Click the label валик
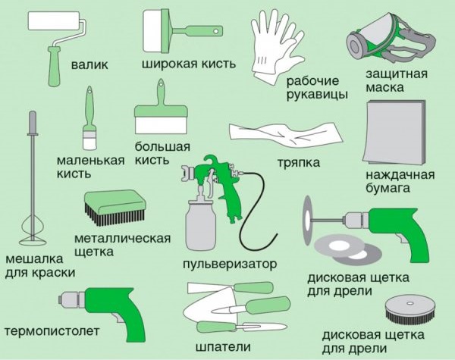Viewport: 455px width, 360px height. pyautogui.click(x=89, y=64)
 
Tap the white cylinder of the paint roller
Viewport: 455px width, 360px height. pyautogui.click(x=54, y=20)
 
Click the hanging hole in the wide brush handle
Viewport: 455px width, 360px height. pyautogui.click(x=216, y=30)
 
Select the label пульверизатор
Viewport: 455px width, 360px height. pyautogui.click(x=230, y=264)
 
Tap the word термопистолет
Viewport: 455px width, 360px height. pyautogui.click(x=52, y=331)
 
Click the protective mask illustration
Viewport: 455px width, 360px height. pyautogui.click(x=391, y=37)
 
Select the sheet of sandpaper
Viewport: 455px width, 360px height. pyautogui.click(x=394, y=133)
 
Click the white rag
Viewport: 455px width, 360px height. pyautogui.click(x=286, y=135)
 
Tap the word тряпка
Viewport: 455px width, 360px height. pyautogui.click(x=299, y=163)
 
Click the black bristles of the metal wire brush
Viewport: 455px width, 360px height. pyautogui.click(x=115, y=216)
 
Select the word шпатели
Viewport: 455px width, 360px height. pyautogui.click(x=223, y=347)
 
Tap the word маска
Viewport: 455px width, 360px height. pyautogui.click(x=384, y=87)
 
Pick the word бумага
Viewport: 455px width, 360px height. pyautogui.click(x=388, y=189)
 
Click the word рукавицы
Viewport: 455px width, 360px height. pyautogui.click(x=317, y=95)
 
